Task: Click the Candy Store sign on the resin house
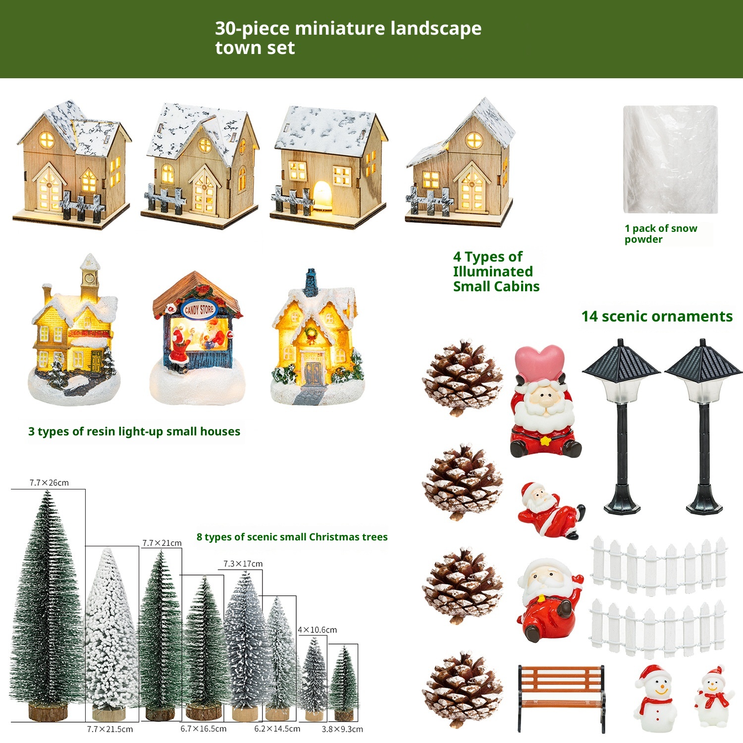pos(199,310)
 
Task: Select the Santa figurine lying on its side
pos(551,511)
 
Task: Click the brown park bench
pos(562,698)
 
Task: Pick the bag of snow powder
pos(670,159)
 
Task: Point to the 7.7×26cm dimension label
pos(49,482)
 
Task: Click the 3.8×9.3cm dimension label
pos(342,729)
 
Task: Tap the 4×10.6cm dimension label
pos(317,630)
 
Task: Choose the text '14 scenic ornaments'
pos(657,316)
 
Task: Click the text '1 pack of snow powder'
pos(661,234)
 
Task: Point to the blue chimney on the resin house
pos(311,283)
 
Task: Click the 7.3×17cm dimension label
pos(243,564)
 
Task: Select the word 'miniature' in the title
pos(340,28)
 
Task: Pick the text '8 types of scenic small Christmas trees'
pos(292,537)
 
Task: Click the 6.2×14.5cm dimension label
pos(277,729)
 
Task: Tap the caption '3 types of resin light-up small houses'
pos(134,431)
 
